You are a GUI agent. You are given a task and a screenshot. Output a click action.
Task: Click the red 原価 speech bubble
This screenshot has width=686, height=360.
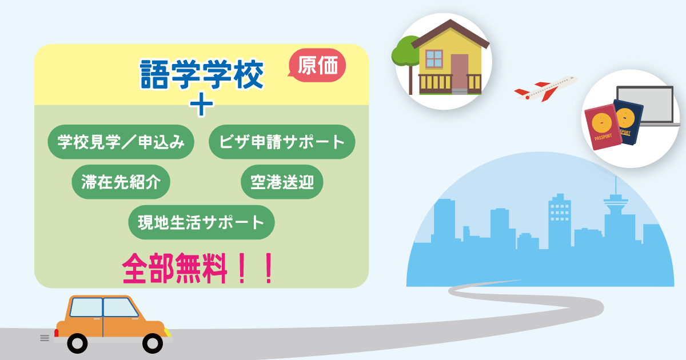tap(317, 65)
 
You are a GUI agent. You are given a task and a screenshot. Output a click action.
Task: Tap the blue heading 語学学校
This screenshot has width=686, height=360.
tap(202, 74)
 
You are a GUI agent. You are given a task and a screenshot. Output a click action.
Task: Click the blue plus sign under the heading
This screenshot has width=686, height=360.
tap(201, 105)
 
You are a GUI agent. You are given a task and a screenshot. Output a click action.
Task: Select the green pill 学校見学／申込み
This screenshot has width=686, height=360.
tap(121, 142)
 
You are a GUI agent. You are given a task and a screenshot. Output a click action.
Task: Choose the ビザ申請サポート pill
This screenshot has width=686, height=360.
tap(282, 142)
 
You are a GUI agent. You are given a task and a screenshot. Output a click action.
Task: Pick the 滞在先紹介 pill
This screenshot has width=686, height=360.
tap(121, 182)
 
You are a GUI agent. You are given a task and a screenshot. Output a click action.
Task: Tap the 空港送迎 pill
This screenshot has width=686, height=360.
tap(282, 182)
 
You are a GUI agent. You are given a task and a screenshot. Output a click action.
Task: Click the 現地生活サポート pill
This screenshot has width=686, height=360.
tap(201, 222)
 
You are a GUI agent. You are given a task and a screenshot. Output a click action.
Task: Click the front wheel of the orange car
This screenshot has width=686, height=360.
tap(153, 343)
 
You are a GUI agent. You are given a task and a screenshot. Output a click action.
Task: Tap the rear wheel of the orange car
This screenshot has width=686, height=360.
tap(77, 343)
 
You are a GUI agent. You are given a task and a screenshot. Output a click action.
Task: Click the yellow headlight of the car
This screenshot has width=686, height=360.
tap(167, 333)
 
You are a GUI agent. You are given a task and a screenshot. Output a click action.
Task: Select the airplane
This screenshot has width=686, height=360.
tap(546, 89)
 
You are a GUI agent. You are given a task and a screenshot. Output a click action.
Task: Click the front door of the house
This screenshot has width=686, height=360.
tap(460, 73)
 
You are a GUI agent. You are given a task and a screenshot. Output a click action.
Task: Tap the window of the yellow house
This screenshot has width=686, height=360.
tap(434, 59)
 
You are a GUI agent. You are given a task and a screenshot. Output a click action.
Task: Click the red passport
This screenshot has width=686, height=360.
tap(603, 127)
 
